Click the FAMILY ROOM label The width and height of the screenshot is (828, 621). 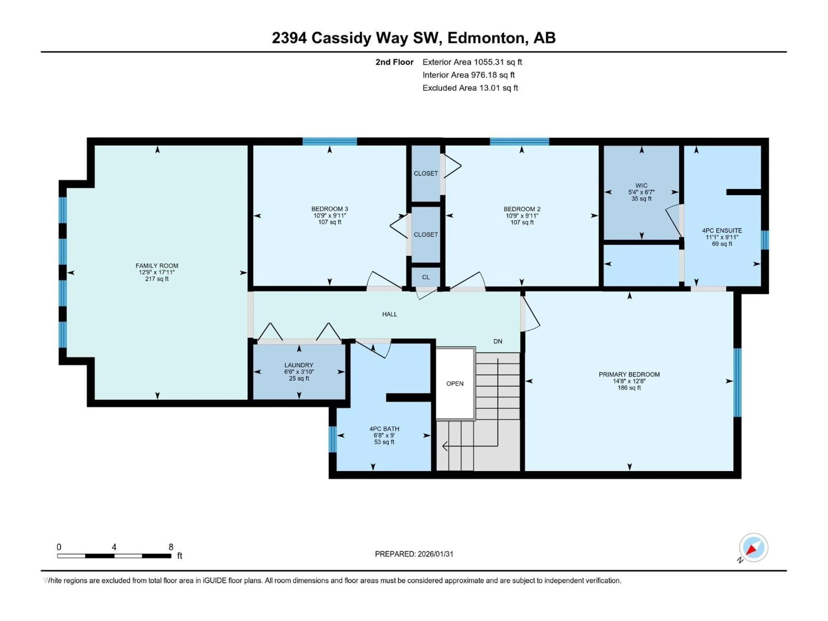[x=157, y=266]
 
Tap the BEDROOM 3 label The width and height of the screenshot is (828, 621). [x=329, y=209]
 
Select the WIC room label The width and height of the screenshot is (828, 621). [x=641, y=185]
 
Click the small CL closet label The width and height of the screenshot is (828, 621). [x=426, y=277]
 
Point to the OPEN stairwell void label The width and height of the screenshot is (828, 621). [x=455, y=384]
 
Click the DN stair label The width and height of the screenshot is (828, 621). [x=497, y=341]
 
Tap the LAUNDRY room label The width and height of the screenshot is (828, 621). [x=299, y=365]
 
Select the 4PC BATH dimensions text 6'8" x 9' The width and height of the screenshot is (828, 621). [x=384, y=435]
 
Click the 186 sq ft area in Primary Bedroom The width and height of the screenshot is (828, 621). [x=629, y=388]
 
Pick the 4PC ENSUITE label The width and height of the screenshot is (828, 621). [x=722, y=231]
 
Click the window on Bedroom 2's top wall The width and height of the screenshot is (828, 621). [x=519, y=141]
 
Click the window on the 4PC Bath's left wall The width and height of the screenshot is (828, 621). [x=332, y=439]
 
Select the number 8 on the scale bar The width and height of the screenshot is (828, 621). [x=171, y=547]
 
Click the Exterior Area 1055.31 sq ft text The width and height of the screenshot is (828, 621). [x=472, y=62]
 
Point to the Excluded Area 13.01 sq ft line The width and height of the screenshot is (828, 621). [x=470, y=88]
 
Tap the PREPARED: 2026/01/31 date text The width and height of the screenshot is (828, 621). [x=414, y=554]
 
